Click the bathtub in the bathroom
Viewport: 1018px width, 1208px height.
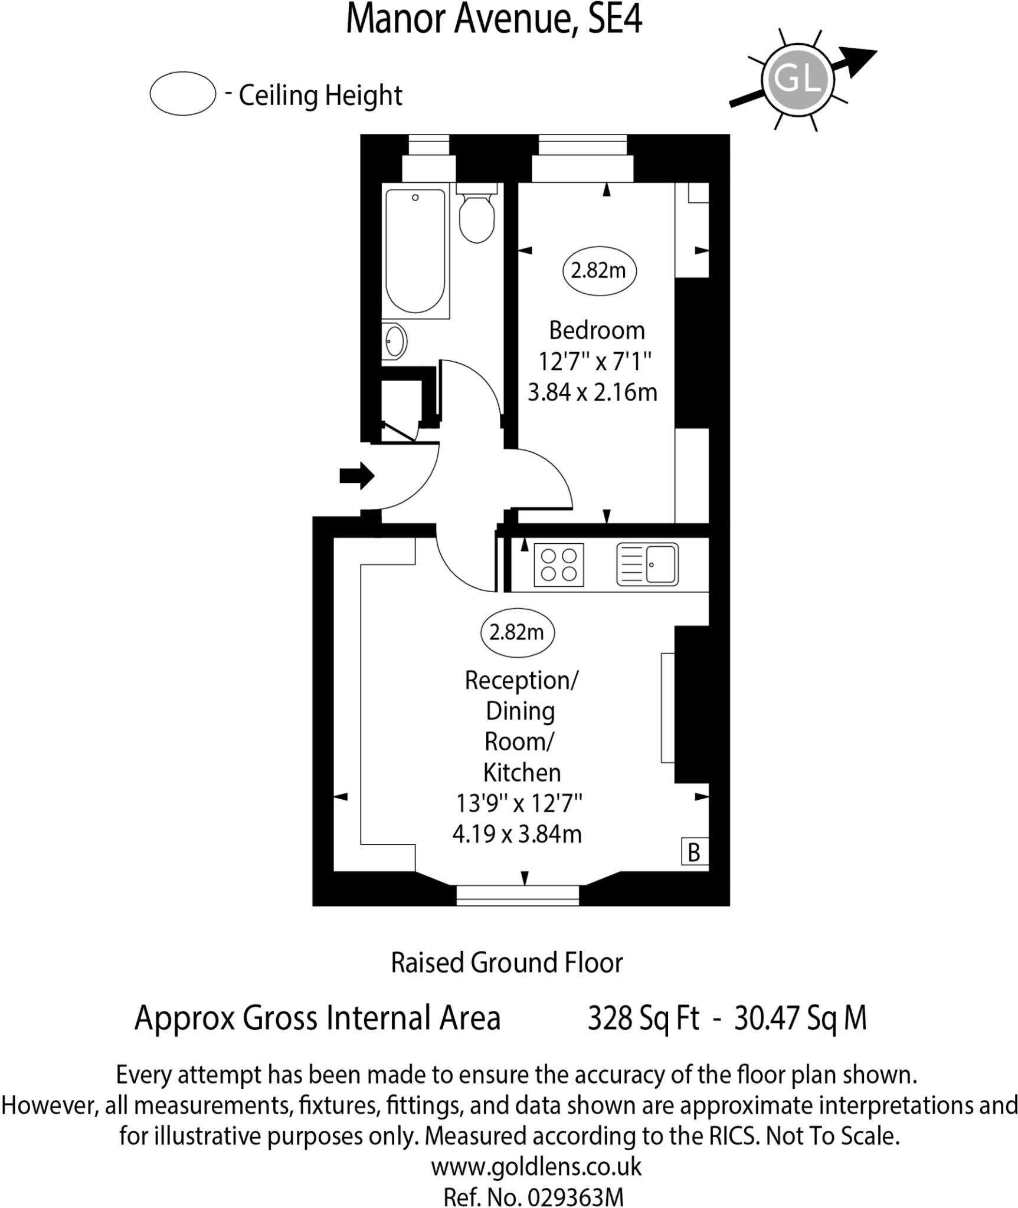[415, 250]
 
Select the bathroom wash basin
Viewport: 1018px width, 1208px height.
[394, 340]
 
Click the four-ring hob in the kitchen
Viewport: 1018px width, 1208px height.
[558, 564]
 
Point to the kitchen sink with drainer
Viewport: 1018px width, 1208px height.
[647, 564]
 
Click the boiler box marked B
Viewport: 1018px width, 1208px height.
[694, 852]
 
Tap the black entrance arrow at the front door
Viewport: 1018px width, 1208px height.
[356, 475]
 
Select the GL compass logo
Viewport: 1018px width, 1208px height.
[797, 78]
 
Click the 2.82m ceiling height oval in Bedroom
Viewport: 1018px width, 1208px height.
[598, 270]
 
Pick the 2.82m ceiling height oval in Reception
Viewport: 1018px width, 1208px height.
[516, 632]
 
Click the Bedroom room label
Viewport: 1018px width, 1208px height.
[597, 330]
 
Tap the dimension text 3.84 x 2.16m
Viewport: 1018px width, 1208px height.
[592, 392]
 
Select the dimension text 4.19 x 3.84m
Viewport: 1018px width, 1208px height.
[517, 834]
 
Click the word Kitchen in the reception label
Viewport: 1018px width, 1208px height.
[522, 772]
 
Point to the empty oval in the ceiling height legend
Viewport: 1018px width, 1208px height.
[182, 93]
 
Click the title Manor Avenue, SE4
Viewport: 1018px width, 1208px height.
[493, 19]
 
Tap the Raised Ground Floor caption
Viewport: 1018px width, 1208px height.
[506, 963]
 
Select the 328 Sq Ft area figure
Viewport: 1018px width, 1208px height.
[643, 1017]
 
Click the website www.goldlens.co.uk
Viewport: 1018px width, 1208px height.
[536, 1166]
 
